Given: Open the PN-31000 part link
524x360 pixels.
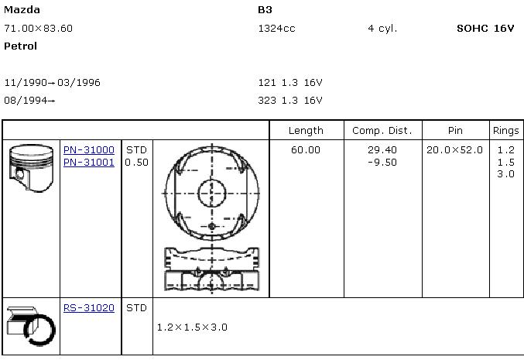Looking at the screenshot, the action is [89, 149].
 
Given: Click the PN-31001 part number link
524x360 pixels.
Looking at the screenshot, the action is [89, 162].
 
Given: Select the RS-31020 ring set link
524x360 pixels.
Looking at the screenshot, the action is [89, 307].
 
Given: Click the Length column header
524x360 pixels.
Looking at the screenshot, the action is [306, 131].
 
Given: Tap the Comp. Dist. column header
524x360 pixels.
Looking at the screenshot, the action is [382, 130].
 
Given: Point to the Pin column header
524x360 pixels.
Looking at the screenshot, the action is [455, 130].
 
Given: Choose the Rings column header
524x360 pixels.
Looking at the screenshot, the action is [506, 131].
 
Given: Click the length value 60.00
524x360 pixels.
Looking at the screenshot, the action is [306, 149].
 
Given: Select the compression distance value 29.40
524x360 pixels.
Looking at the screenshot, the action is [382, 149].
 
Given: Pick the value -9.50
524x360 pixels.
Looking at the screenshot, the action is [382, 162].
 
